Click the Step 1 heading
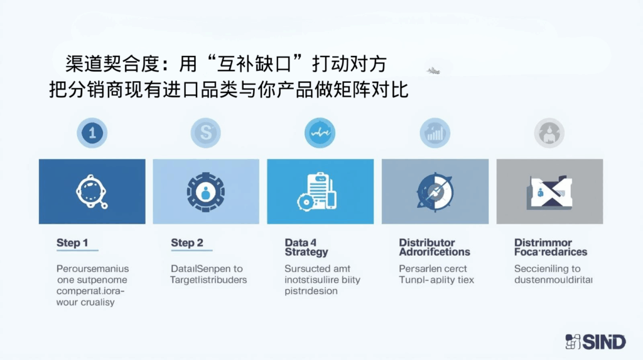(x=72, y=243)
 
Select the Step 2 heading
(x=187, y=243)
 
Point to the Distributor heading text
(x=427, y=243)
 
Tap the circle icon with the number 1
(x=92, y=133)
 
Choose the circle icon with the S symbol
(x=206, y=133)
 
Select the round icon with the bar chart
(x=435, y=133)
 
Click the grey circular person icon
(x=549, y=133)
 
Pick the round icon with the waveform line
(x=320, y=133)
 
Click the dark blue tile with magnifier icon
(x=92, y=192)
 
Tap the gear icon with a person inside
(x=205, y=192)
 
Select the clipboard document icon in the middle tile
(x=319, y=190)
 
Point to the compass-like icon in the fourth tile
(x=435, y=192)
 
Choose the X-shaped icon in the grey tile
(x=549, y=192)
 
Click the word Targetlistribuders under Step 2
(x=208, y=280)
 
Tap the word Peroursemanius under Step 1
(x=92, y=269)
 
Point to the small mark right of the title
(x=433, y=71)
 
